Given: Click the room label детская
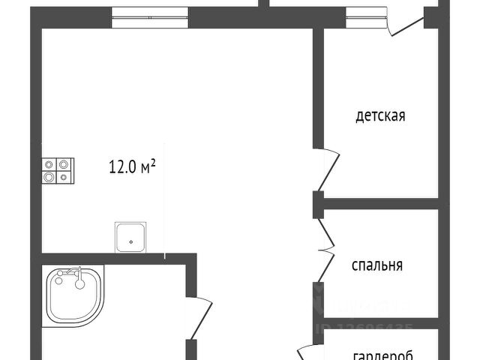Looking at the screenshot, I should (x=380, y=116).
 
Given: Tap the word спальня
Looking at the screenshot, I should (x=378, y=265).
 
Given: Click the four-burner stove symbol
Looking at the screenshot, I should (x=57, y=170).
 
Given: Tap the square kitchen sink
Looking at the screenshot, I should (x=131, y=237).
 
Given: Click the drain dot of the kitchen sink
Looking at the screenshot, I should (x=131, y=241).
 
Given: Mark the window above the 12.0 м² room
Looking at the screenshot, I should (x=149, y=16).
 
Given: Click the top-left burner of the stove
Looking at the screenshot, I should (x=49, y=163).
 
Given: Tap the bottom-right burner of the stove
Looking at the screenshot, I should (x=64, y=178).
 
